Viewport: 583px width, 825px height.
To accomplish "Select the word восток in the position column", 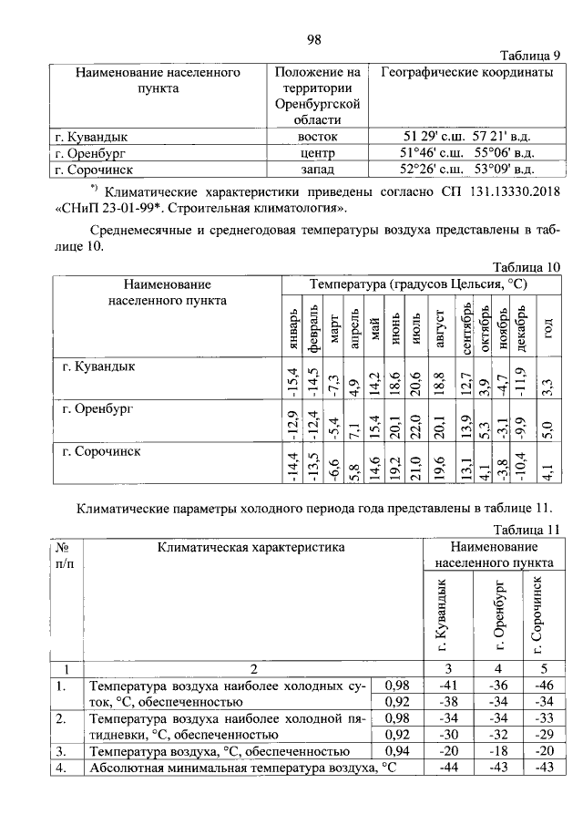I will click(x=318, y=136).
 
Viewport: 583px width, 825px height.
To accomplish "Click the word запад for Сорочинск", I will click(x=318, y=169).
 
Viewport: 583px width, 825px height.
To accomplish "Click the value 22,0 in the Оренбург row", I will click(x=415, y=421).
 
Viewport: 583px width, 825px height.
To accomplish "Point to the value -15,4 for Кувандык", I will click(x=293, y=376).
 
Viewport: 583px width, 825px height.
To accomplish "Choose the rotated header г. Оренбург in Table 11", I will click(x=498, y=617).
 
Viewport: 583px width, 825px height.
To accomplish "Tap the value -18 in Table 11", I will click(x=498, y=751).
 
